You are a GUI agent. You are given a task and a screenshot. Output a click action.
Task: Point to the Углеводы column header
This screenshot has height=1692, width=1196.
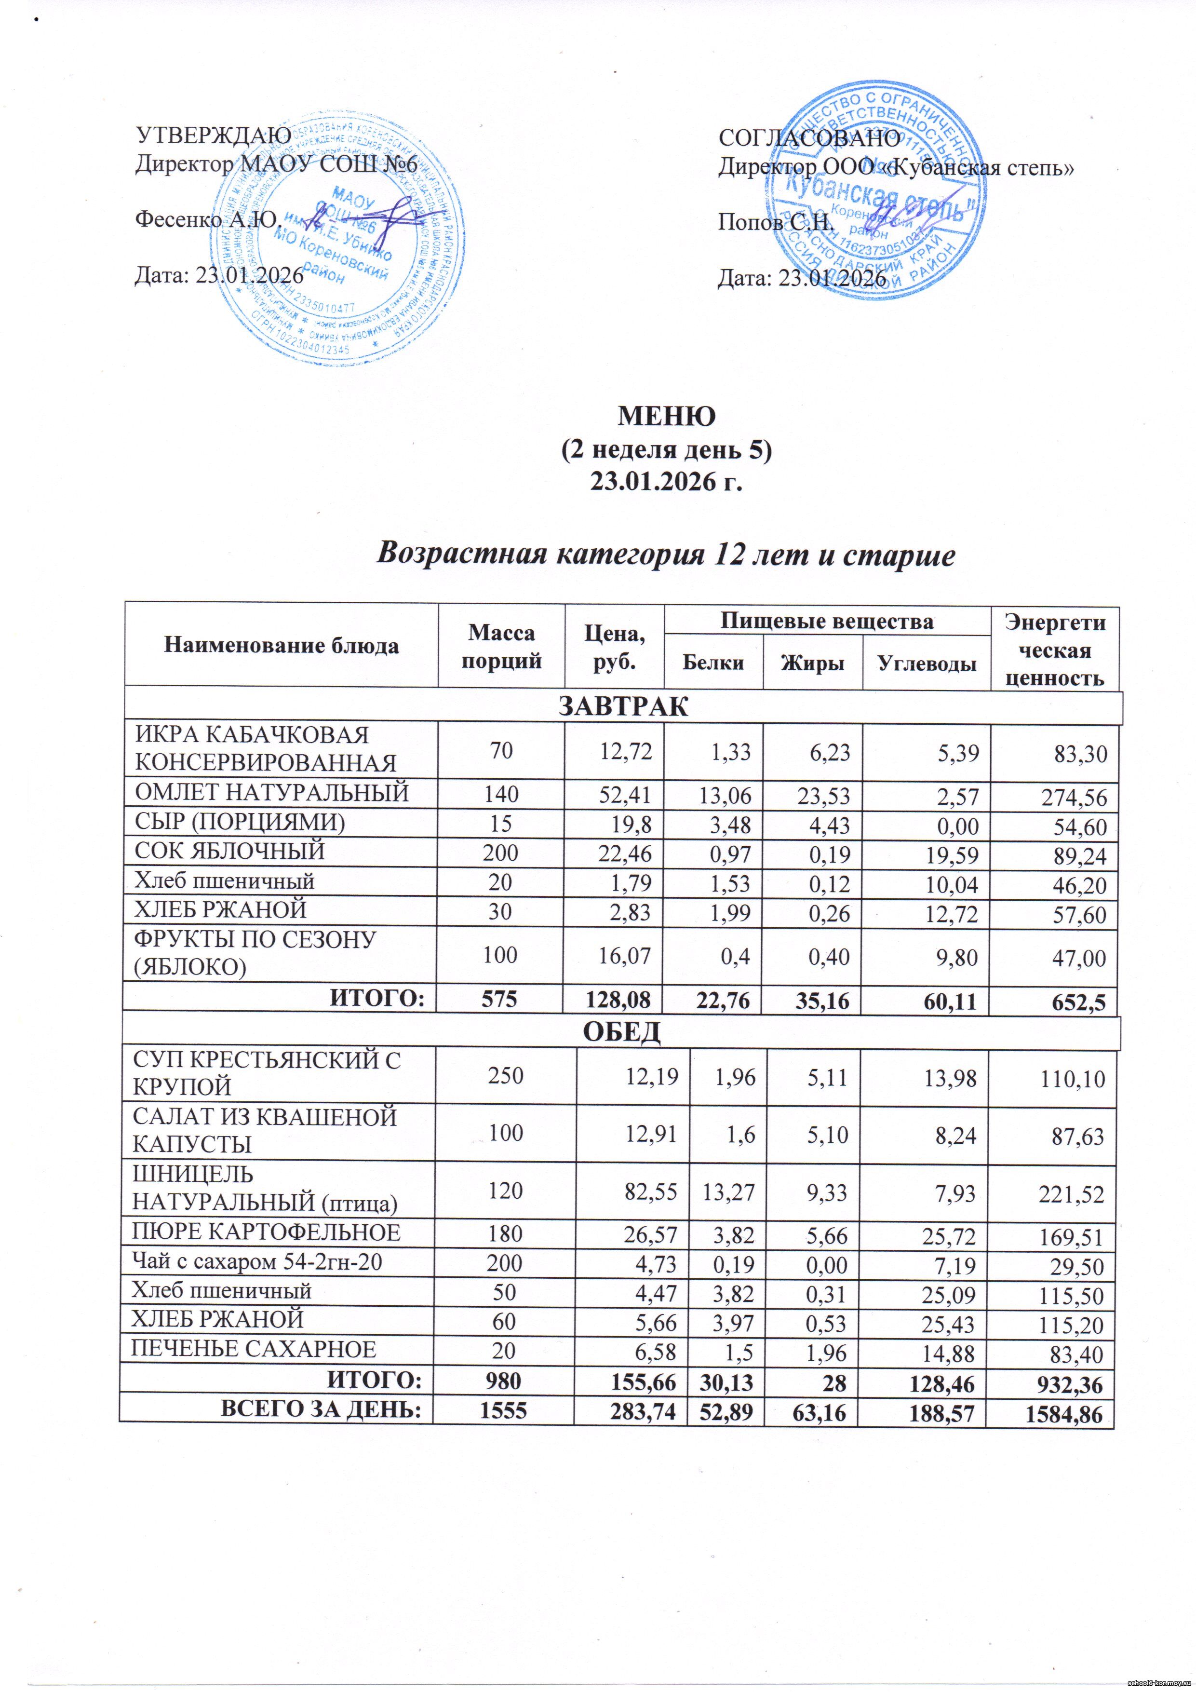pyautogui.click(x=927, y=663)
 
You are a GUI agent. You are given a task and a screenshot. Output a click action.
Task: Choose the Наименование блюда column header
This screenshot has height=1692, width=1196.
pyautogui.click(x=282, y=646)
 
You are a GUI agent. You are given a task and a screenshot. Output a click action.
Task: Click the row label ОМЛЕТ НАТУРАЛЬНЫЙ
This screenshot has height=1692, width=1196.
pyautogui.click(x=271, y=793)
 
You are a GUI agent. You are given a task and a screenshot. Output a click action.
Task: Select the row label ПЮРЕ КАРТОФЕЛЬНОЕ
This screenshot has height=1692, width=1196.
pyautogui.click(x=266, y=1232)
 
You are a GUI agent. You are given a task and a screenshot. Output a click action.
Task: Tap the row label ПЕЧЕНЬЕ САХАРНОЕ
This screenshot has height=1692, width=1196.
pyautogui.click(x=254, y=1349)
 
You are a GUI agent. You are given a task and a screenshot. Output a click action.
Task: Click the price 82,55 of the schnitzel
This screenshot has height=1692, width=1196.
pyautogui.click(x=651, y=1191)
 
